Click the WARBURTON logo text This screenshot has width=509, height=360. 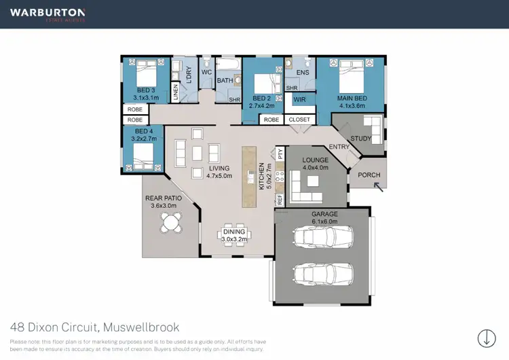(47, 13)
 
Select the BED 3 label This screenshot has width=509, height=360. (146, 90)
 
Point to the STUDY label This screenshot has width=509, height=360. (360, 139)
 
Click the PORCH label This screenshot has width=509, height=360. (369, 175)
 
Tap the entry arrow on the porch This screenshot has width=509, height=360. (378, 185)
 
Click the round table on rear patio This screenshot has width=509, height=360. (172, 221)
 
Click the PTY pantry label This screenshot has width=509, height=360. (279, 154)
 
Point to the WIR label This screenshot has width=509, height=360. (299, 100)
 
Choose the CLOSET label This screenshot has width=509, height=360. (299, 120)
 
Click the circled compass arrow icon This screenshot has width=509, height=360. (486, 337)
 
